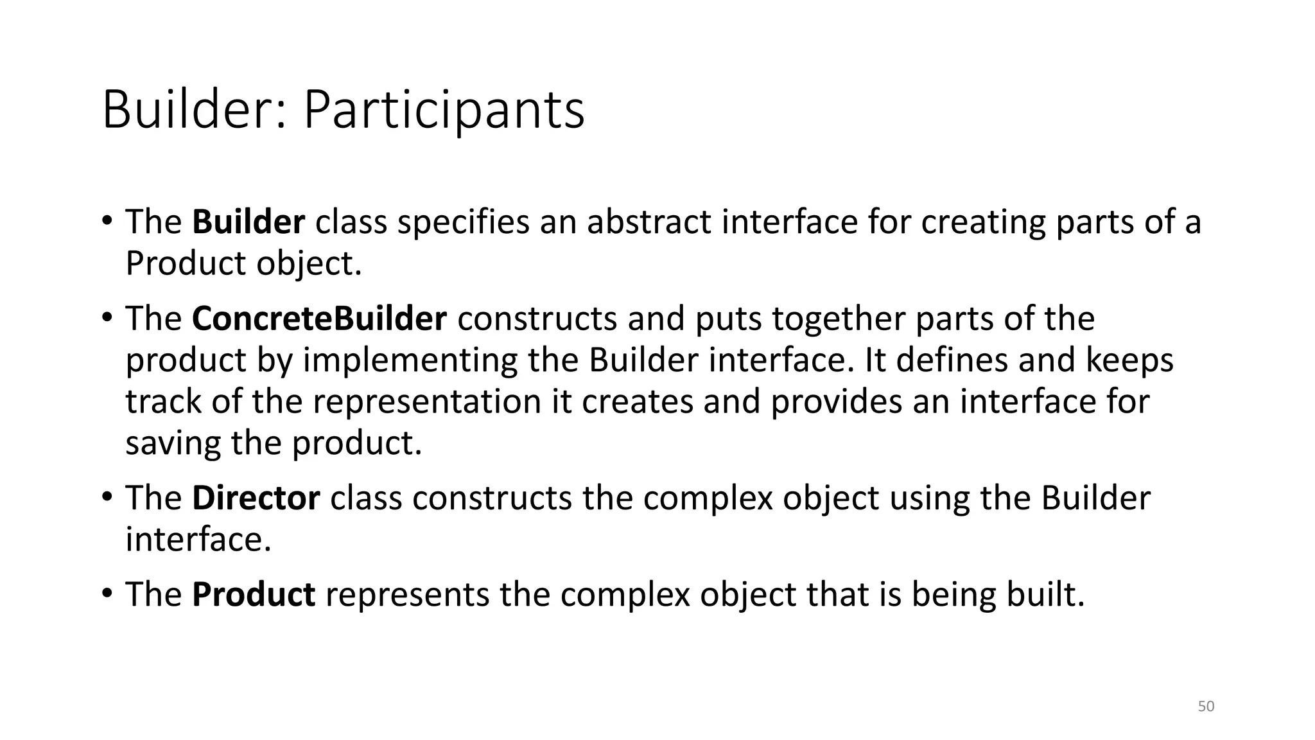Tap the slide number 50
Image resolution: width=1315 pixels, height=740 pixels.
(1206, 707)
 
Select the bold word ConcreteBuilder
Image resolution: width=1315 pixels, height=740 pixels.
(319, 319)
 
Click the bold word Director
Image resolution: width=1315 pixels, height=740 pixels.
(256, 498)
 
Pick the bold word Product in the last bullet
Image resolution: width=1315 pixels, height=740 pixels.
(254, 594)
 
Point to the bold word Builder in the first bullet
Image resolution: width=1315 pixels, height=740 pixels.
(248, 222)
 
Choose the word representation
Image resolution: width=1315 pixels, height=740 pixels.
(427, 402)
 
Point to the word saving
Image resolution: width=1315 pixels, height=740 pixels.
(173, 443)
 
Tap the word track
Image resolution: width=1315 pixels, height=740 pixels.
(163, 402)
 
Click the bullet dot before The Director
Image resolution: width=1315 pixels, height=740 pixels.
(107, 495)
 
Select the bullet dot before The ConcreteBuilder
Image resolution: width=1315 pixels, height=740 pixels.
(107, 316)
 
